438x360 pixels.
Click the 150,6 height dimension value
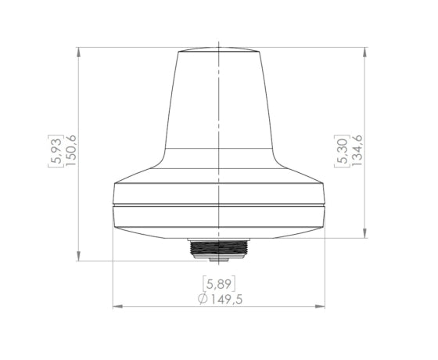point(71,150)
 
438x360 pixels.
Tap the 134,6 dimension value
point(357,150)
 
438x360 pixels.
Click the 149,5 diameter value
point(226,299)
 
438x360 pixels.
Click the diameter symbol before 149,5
point(203,299)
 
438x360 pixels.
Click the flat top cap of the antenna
point(219,50)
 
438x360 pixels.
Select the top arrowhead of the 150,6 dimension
point(79,52)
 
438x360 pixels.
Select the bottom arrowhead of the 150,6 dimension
point(79,256)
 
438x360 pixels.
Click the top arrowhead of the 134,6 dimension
point(364,52)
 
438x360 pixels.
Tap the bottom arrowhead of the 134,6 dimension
point(364,233)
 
